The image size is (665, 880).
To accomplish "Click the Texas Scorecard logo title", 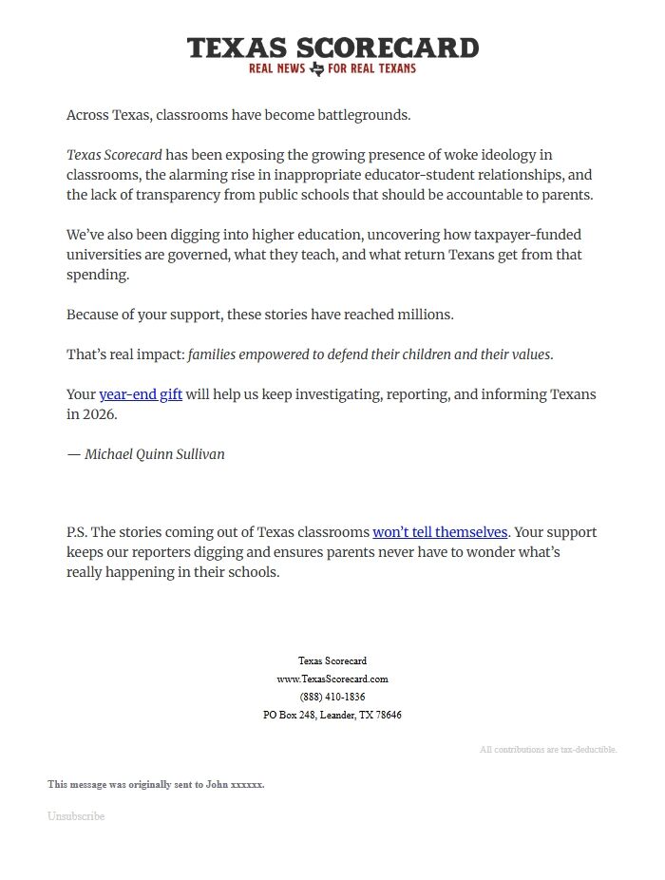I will (332, 48).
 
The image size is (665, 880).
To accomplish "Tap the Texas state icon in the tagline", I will (317, 68).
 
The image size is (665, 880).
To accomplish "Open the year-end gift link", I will (141, 394).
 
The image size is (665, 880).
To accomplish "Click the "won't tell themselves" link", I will (440, 532).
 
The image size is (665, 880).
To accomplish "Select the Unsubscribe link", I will (76, 816).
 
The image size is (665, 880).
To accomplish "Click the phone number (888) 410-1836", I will (332, 697).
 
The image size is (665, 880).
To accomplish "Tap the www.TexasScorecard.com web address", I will (332, 679).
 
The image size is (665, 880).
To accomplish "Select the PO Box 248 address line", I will (332, 715).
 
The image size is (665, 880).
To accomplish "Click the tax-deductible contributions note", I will (548, 750).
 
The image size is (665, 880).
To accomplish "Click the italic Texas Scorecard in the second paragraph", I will (114, 155).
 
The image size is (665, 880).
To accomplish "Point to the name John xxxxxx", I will (236, 785).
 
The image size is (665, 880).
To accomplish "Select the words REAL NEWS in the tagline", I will (276, 68).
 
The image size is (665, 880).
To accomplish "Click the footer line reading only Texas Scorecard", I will (332, 660).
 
